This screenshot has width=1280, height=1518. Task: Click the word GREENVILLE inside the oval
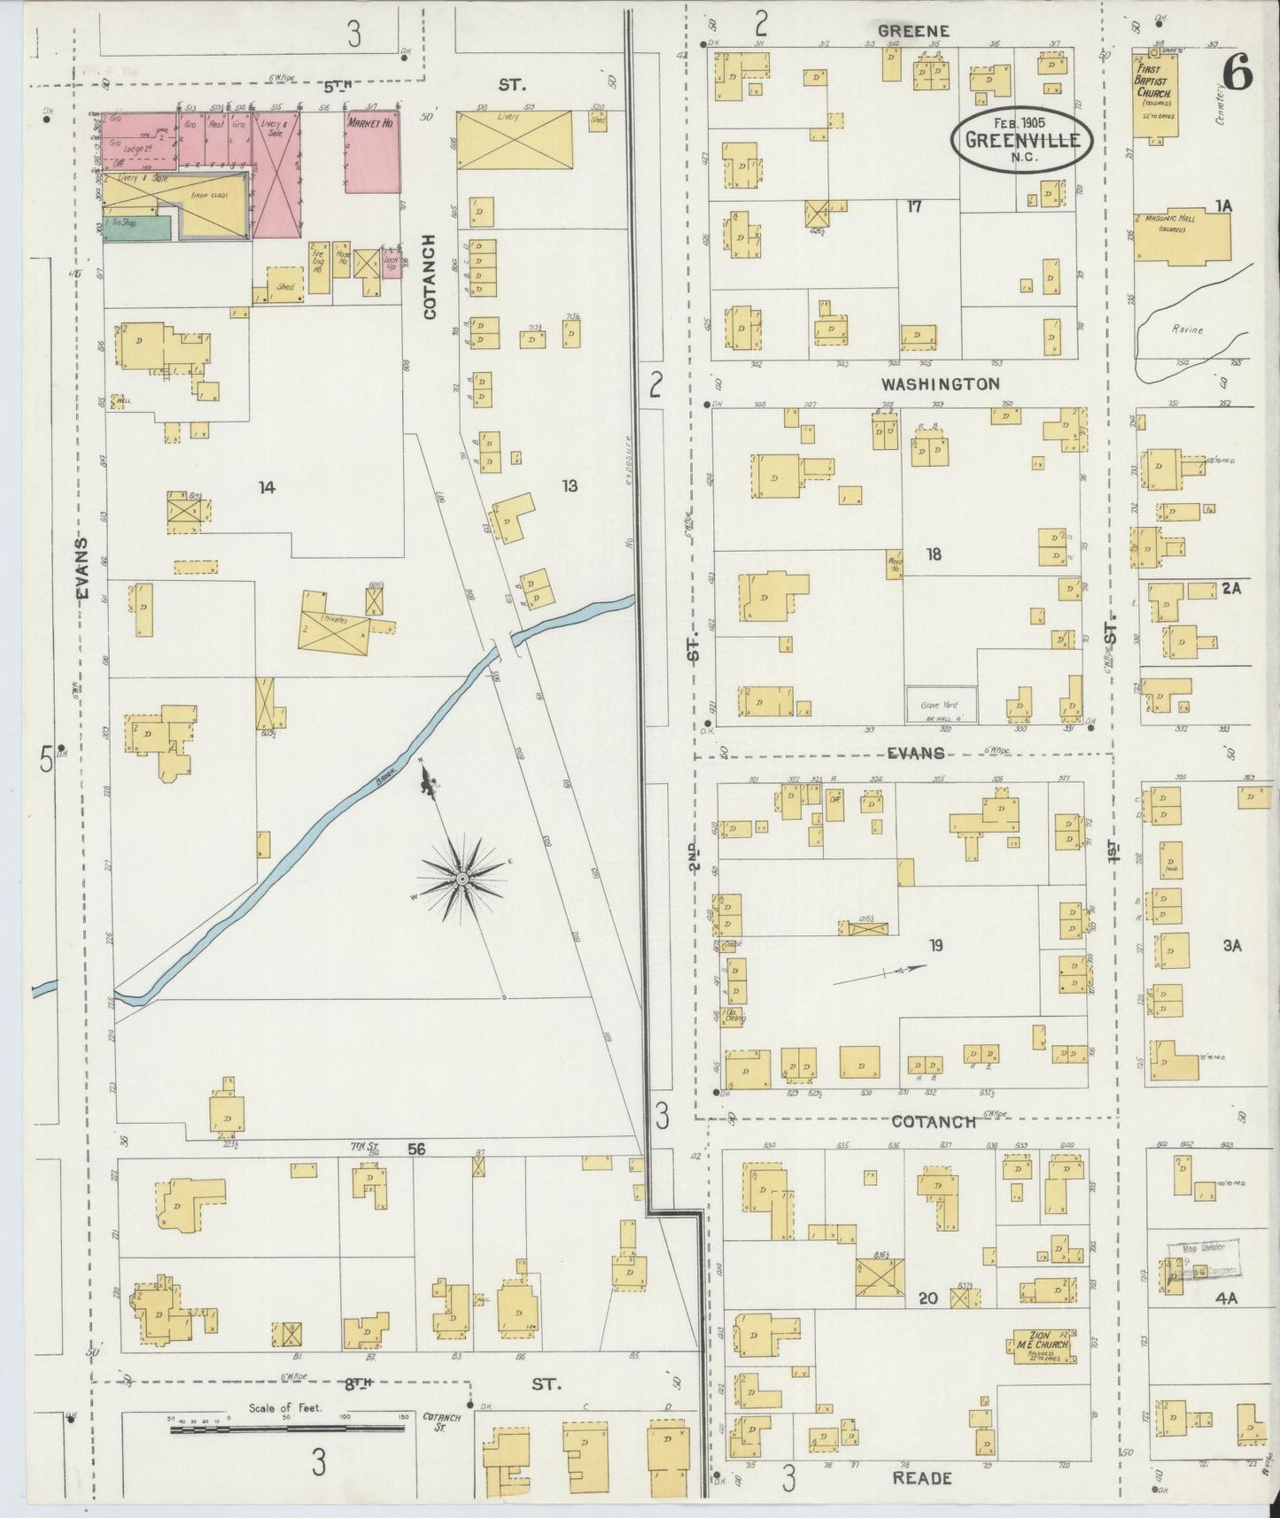point(1022,140)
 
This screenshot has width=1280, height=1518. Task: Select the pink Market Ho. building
point(371,151)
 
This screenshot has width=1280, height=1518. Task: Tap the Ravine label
point(1185,329)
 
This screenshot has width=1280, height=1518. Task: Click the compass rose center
point(462,879)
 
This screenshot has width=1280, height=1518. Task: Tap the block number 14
point(266,486)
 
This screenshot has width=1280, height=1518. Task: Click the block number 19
point(935,945)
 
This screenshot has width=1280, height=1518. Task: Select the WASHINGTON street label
point(940,383)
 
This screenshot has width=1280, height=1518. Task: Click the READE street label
point(921,1477)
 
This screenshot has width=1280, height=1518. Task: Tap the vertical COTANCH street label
point(431,277)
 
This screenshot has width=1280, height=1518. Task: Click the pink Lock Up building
point(391,263)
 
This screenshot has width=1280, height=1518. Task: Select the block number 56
point(416,1149)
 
